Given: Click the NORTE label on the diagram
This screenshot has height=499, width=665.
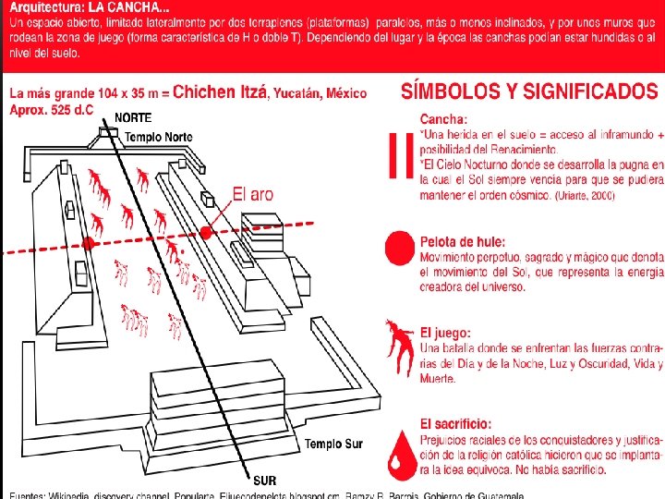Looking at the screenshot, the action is [x=132, y=118].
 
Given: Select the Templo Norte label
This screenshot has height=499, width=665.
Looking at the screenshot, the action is [x=159, y=137].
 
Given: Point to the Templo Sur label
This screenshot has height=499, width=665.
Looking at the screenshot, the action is [x=333, y=419].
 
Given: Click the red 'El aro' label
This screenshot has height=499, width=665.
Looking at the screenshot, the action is [x=252, y=194].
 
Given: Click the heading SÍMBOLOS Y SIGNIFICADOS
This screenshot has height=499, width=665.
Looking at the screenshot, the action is [x=529, y=91].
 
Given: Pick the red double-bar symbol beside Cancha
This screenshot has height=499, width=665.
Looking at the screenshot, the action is [x=400, y=154].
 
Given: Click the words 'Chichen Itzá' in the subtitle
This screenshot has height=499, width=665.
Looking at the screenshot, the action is [x=219, y=92].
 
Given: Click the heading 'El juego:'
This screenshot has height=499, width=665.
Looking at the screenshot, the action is [x=446, y=333].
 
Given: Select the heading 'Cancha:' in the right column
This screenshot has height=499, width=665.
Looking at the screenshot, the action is [x=444, y=119].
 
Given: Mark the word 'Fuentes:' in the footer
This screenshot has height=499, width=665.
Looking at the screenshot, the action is [x=25, y=495].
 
